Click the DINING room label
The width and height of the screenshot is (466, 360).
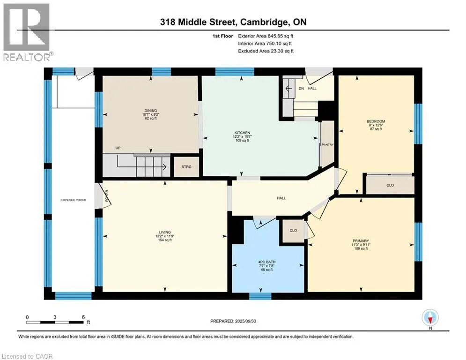(151, 111)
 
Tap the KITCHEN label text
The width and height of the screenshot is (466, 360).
(242, 133)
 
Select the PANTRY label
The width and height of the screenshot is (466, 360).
(328, 144)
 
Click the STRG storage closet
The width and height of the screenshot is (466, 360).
(186, 167)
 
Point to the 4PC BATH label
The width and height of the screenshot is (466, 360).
(266, 262)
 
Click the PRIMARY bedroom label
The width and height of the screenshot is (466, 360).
(361, 241)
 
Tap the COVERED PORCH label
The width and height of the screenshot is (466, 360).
(73, 200)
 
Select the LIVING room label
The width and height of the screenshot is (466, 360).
(165, 232)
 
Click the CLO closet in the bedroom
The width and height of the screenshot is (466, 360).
(390, 185)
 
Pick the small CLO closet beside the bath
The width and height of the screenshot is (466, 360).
(293, 231)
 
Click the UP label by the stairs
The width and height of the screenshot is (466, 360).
(118, 148)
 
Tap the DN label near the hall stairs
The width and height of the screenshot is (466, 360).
(301, 89)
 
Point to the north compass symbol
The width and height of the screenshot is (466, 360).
(430, 318)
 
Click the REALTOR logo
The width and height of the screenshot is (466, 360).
(27, 32)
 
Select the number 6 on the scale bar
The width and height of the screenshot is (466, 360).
(83, 317)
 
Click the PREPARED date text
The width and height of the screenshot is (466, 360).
(233, 321)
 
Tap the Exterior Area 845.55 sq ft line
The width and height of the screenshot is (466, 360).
(266, 36)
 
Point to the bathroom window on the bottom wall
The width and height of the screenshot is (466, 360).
(260, 296)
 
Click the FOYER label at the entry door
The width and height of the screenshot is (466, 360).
(107, 196)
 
